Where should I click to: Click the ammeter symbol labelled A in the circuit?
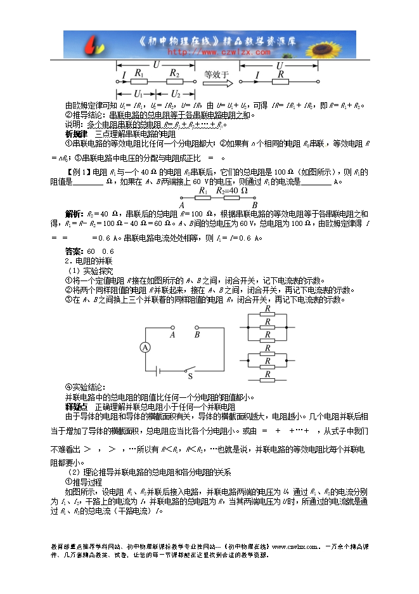145,347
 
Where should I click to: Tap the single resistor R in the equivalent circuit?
280,81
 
